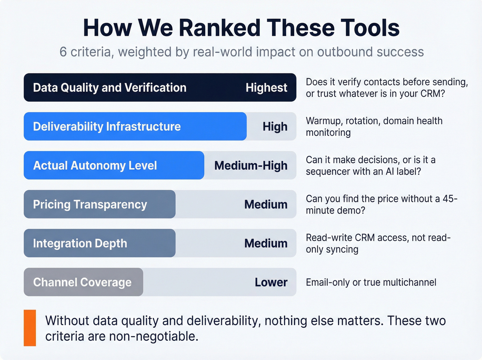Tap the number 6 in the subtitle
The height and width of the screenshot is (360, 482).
pyautogui.click(x=63, y=52)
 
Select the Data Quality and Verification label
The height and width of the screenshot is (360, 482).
pyautogui.click(x=109, y=88)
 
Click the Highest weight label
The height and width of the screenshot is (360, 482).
pyautogui.click(x=266, y=88)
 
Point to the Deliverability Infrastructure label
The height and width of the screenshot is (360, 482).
pyautogui.click(x=107, y=127)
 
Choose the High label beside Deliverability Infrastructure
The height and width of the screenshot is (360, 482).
pyautogui.click(x=275, y=127)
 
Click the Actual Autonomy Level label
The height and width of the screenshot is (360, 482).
pyautogui.click(x=95, y=166)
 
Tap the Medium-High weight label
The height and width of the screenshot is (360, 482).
pyautogui.click(x=251, y=166)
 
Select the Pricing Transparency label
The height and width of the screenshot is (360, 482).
pyautogui.click(x=90, y=205)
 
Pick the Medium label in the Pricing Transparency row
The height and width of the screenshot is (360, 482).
pyautogui.click(x=266, y=205)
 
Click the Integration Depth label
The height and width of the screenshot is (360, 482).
pyautogui.click(x=80, y=244)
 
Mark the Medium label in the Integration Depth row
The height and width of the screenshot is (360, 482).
pyautogui.click(x=266, y=244)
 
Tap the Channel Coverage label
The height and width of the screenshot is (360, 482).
pyautogui.click(x=82, y=282)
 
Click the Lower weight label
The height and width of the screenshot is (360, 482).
pyautogui.click(x=271, y=282)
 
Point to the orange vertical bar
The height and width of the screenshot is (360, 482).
pyautogui.click(x=30, y=328)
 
